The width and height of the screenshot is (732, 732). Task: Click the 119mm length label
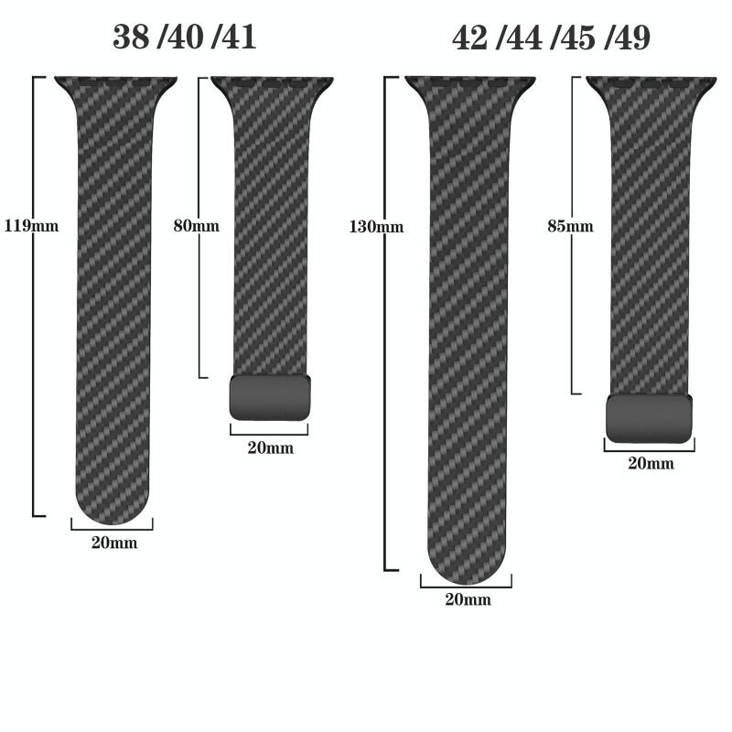pos(32,226)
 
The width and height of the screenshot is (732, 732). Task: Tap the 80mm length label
pos(197,226)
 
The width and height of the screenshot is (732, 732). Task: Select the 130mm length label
pos(376,227)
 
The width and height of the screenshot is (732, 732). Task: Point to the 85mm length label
pos(570,226)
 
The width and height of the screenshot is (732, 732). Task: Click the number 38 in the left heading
pos(132,37)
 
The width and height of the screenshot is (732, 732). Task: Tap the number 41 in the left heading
pos(238,37)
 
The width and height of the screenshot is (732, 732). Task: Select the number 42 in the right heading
pos(471,38)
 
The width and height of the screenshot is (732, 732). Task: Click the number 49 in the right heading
pos(631,38)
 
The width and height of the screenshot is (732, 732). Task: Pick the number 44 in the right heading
pos(524,38)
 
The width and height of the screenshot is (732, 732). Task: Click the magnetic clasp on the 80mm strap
pos(270,398)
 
